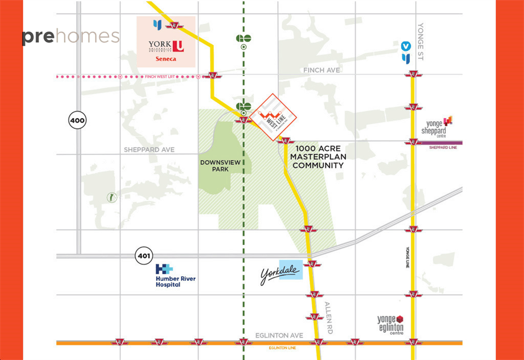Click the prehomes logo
coord(70,37)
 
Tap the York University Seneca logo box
coord(165,42)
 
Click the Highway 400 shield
coord(77,121)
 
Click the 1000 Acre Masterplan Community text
coord(318,157)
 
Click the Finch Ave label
coord(322,70)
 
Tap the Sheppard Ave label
coord(149,149)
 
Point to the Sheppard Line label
coord(443,147)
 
